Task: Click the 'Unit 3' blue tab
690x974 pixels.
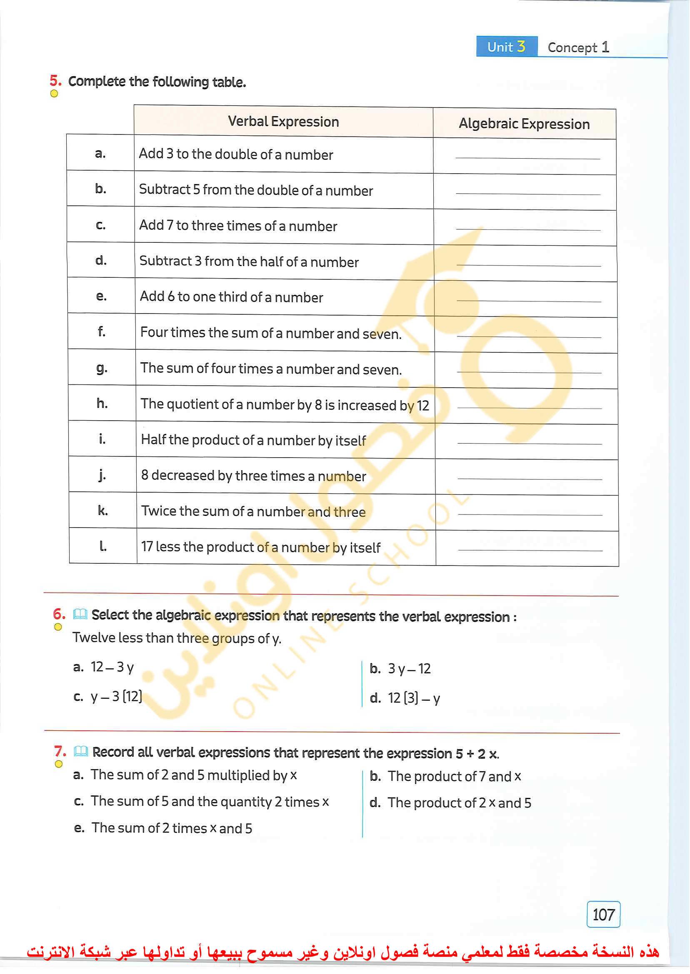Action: point(506,46)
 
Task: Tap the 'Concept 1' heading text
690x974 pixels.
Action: point(578,47)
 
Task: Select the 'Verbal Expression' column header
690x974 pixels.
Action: point(283,122)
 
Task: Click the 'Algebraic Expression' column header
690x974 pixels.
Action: point(524,124)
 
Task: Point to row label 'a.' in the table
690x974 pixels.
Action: point(100,154)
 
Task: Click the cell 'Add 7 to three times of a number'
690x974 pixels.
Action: point(238,226)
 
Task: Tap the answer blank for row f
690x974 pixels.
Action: point(529,336)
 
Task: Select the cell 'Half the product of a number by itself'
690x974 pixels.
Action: point(253,440)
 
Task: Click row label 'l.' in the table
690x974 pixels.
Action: point(103,546)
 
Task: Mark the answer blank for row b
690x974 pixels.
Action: point(527,194)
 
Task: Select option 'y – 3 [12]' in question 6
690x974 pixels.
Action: point(116,697)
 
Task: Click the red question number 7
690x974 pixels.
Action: point(60,751)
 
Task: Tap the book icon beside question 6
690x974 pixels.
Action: point(80,614)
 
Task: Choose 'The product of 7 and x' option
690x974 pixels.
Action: point(454,777)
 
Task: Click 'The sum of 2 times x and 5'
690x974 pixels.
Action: point(172,828)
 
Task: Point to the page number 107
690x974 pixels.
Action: point(603,914)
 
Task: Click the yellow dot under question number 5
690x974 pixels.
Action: point(54,94)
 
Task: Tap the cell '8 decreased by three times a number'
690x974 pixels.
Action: point(253,476)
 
